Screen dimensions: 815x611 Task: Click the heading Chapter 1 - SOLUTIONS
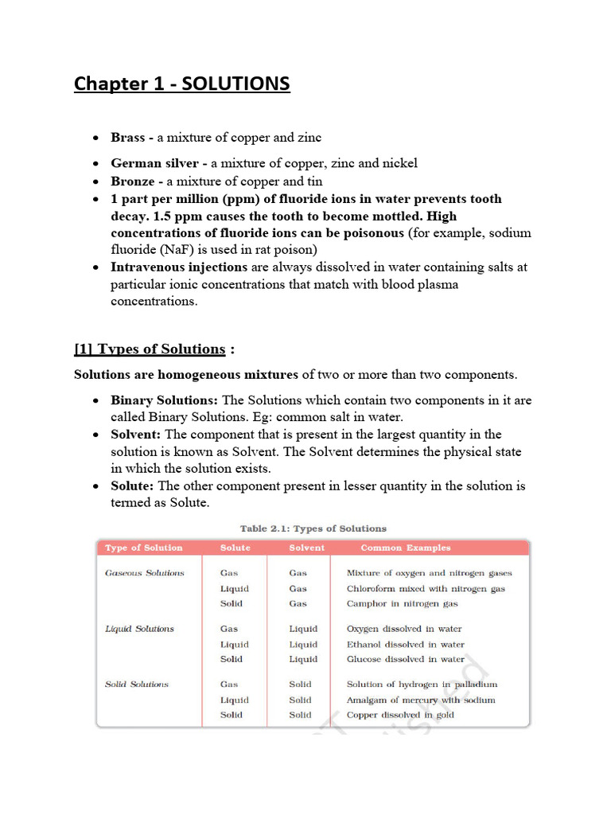pos(182,84)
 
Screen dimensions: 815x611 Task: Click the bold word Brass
pos(127,138)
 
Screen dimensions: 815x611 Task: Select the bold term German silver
pos(154,163)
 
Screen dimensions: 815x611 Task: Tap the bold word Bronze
pos(132,181)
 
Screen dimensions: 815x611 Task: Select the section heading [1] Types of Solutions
pos(150,349)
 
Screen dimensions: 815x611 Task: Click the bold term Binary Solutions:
pos(164,400)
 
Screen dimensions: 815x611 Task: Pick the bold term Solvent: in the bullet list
pos(136,435)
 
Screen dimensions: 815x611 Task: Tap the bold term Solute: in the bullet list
pos(133,485)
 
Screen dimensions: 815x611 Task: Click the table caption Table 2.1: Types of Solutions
pos(313,528)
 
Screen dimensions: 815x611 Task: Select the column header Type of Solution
pos(144,548)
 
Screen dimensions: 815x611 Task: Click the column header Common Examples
pos(406,548)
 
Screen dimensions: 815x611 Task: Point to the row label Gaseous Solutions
pos(145,573)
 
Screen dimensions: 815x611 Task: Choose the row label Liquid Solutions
pos(140,629)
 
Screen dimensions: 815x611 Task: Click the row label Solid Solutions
pos(137,684)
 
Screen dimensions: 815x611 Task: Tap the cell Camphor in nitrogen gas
pos(403,604)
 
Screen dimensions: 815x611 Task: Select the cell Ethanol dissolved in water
pos(406,645)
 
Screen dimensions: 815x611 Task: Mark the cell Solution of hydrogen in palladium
pos(422,684)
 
